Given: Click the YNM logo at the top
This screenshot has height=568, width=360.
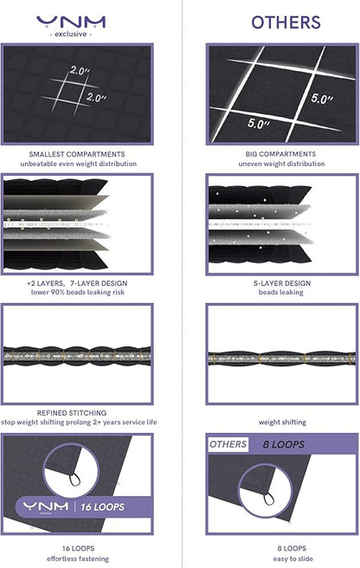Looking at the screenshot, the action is pos(71,22).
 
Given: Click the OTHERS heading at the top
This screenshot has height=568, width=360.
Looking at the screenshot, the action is pos(286,23).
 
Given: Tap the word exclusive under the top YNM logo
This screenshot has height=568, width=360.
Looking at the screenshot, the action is pos(71,34).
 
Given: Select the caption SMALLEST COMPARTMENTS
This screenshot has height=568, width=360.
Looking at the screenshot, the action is pos(77,154).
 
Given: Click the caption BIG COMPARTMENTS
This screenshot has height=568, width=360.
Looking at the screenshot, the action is pos(280,154).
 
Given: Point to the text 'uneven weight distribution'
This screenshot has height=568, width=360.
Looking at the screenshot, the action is pos(281,164).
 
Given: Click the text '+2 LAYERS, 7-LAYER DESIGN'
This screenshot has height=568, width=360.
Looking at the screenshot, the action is pos(77,283).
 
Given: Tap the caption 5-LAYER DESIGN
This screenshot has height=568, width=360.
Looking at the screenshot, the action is pos(282,283).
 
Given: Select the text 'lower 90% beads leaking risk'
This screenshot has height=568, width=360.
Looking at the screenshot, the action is pos(78,293).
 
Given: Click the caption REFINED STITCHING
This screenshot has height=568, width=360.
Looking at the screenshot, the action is pos(72,413).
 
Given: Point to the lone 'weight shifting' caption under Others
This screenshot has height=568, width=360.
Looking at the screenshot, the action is pos(282,422).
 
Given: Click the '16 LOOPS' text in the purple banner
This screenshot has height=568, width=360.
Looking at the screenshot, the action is pos(102,507).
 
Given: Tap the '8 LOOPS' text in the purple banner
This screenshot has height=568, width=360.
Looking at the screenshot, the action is pos(284,444).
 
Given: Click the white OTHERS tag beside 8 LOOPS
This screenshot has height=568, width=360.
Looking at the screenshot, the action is pos(228,444).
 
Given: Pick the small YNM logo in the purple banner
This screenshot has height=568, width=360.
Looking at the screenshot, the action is pos(46,507).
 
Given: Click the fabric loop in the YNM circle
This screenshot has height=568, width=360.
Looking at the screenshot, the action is pos(74,480).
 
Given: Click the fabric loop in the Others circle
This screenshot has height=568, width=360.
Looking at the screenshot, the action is pos(268,499).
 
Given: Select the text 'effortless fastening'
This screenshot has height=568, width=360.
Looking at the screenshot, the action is pos(78,559).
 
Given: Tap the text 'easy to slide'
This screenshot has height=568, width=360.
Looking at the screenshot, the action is pos(293,559).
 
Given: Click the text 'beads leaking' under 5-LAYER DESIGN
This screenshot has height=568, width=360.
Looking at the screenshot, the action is pos(281,293).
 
